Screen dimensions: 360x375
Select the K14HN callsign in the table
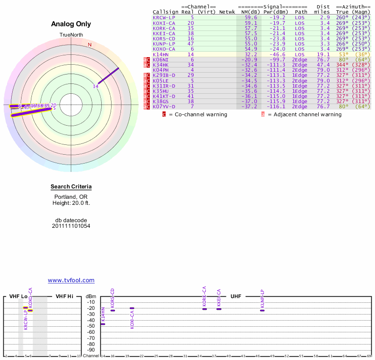[x=160, y=54]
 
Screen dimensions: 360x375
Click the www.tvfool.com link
[x=71, y=280]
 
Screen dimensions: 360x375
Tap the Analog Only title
[x=71, y=24]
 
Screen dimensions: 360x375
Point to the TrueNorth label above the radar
[x=71, y=35]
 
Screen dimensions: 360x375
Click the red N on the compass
[x=90, y=45]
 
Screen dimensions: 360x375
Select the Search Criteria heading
[x=71, y=187]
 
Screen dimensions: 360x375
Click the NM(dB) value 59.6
[x=251, y=17]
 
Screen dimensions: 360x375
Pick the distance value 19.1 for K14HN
[x=324, y=54]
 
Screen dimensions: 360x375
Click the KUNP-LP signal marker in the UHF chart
[x=262, y=310]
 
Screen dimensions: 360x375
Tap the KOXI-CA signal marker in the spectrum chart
[x=132, y=308]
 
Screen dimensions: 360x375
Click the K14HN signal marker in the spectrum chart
[x=103, y=324]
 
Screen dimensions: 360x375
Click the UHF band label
[x=236, y=296]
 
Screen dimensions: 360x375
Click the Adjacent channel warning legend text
[x=304, y=114]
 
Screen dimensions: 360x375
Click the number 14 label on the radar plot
[x=96, y=86]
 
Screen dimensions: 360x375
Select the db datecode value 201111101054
[x=71, y=226]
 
